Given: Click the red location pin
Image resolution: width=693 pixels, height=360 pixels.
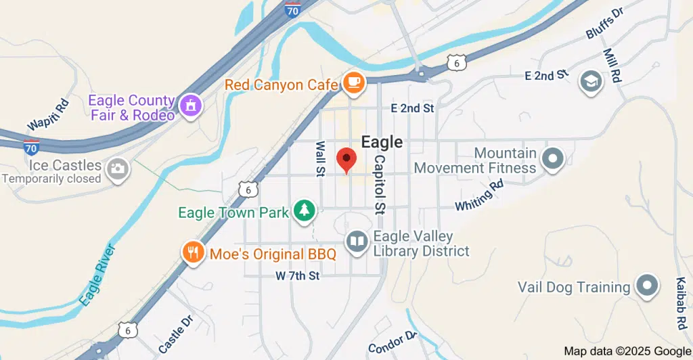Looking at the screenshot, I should coord(347,160).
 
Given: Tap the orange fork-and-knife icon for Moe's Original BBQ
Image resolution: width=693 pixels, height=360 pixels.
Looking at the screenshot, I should coord(193,253).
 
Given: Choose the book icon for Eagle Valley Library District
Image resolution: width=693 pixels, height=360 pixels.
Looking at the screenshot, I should coord(356,241).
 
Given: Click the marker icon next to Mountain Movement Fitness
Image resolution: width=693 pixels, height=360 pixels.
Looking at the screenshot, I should coord(554,159).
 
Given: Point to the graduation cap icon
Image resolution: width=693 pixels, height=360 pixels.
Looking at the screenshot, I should coord(591,83).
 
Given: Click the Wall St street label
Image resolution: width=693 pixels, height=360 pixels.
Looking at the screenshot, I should coord(320,160).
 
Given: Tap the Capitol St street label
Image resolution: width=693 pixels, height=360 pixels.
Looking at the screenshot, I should coord(380,183).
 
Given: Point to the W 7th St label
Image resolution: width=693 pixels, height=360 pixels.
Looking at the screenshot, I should coord(298,276).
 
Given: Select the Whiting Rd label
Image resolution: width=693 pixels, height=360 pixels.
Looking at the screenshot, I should coord(480,196).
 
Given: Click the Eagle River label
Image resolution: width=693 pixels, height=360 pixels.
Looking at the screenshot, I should coord(94,275).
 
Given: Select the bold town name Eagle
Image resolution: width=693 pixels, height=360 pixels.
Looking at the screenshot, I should coord(382,142).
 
